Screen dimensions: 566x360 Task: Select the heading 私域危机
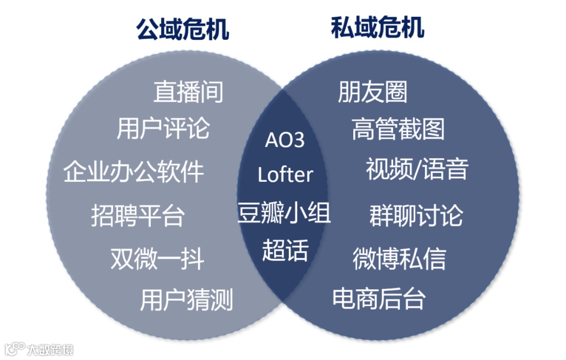click(377, 27)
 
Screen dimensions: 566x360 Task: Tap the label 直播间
click(188, 92)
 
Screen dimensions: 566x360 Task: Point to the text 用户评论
click(163, 128)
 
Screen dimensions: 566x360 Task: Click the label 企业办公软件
click(134, 171)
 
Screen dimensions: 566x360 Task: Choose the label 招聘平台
click(138, 215)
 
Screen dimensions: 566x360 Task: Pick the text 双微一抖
click(157, 259)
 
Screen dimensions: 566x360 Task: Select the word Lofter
click(285, 174)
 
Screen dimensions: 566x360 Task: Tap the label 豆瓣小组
click(284, 213)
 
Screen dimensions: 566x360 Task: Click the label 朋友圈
click(373, 92)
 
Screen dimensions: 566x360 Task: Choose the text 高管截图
click(398, 129)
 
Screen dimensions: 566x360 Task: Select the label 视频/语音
click(417, 169)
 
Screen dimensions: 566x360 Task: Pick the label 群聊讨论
click(416, 215)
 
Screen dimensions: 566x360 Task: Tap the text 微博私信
click(399, 259)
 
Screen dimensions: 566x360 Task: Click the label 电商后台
click(379, 298)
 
